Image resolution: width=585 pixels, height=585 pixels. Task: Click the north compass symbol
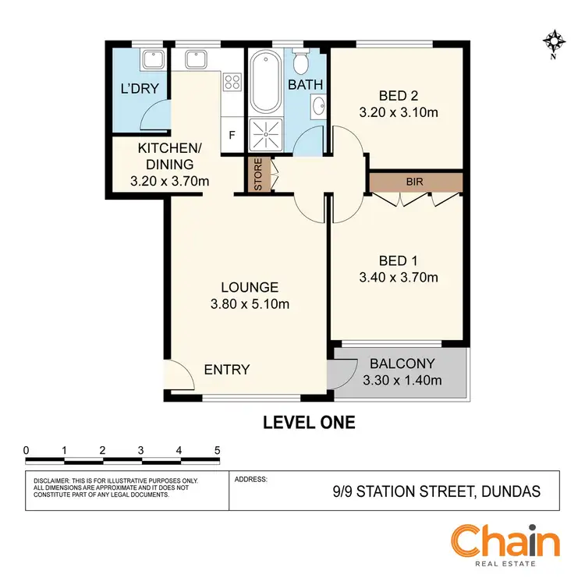pyautogui.click(x=555, y=43)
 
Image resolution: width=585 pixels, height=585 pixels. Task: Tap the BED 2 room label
pyautogui.click(x=398, y=97)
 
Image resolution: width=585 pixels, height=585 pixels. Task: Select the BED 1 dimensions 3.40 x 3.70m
pyautogui.click(x=398, y=277)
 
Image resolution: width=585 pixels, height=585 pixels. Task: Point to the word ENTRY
pyautogui.click(x=227, y=369)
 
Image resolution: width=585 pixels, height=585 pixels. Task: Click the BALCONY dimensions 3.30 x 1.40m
pyautogui.click(x=402, y=381)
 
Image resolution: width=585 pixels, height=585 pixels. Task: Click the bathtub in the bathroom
pyautogui.click(x=266, y=81)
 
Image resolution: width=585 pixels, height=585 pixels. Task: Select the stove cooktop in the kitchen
pyautogui.click(x=232, y=80)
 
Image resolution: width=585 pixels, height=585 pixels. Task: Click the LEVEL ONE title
pyautogui.click(x=308, y=423)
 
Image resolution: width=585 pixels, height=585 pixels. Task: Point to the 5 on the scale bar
pyautogui.click(x=217, y=450)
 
